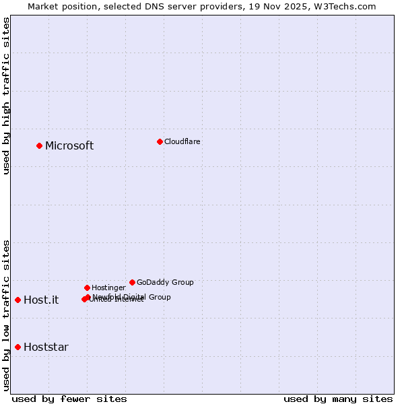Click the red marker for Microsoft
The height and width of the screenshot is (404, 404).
(x=39, y=145)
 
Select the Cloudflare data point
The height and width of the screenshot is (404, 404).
(x=160, y=141)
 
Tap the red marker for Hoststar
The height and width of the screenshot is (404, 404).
(x=18, y=347)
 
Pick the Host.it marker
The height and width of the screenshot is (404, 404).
(x=18, y=300)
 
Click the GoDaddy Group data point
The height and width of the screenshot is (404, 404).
(x=132, y=282)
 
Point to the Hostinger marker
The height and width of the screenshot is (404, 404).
(x=87, y=288)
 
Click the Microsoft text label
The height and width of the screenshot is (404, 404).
(x=69, y=146)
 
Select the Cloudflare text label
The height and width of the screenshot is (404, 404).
(x=182, y=142)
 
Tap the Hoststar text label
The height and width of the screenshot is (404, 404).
(x=46, y=347)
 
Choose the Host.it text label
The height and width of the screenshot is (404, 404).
(x=41, y=300)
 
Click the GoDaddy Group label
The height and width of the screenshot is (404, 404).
(x=165, y=283)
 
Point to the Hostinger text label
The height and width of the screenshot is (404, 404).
(x=108, y=288)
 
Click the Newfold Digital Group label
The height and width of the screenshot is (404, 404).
(x=132, y=297)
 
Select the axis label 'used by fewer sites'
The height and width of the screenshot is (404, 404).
(x=69, y=399)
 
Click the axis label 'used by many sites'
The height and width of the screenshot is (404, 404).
(x=338, y=399)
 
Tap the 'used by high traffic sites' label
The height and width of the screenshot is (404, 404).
(x=7, y=96)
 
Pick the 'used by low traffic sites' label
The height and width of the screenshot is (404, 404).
(x=7, y=314)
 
